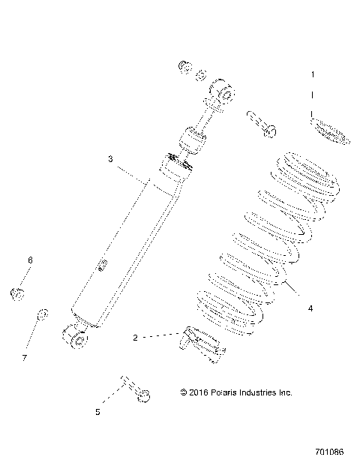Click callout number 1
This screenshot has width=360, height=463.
[x=313, y=75]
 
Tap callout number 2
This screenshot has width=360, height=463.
[x=135, y=338]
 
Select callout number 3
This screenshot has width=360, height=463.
[x=110, y=159]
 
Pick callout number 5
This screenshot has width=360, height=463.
[x=97, y=412]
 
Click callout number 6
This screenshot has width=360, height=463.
[x=31, y=260]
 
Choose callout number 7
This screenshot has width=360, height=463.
[x=25, y=358]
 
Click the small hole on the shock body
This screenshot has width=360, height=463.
[x=103, y=263]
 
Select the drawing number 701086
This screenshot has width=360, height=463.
[x=331, y=452]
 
